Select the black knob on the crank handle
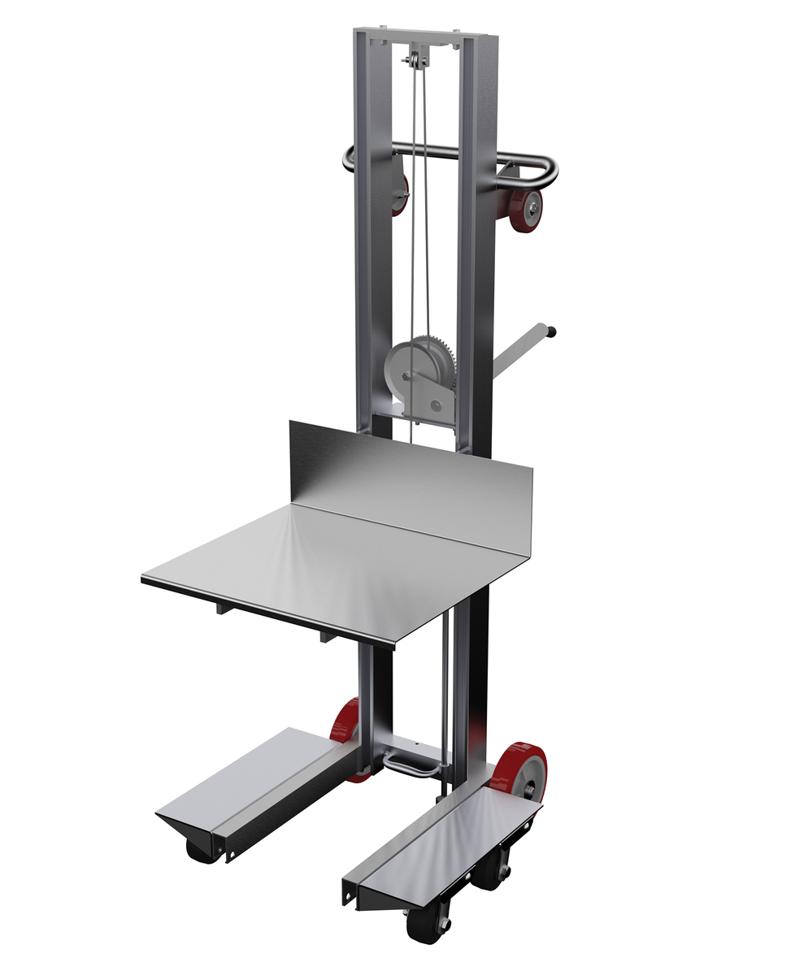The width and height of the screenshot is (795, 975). coord(553,331)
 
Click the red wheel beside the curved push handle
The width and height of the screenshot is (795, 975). coord(529,210)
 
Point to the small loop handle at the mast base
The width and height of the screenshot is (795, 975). coord(411,764)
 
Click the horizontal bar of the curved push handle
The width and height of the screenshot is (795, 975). coord(431,151)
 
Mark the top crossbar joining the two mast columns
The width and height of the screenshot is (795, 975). coord(420,37)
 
